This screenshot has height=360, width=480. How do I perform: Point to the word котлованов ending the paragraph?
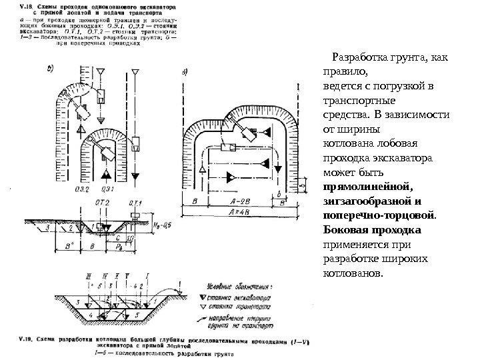tap(352, 274)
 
